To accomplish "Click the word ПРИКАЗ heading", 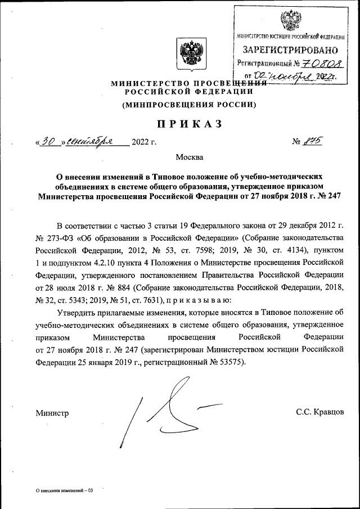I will tap(179, 123).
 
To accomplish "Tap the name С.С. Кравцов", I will tap(319, 413).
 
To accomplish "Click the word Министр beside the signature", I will tap(52, 413).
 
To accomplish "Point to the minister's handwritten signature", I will tap(169, 411).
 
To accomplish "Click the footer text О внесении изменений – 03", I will tap(63, 490).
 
